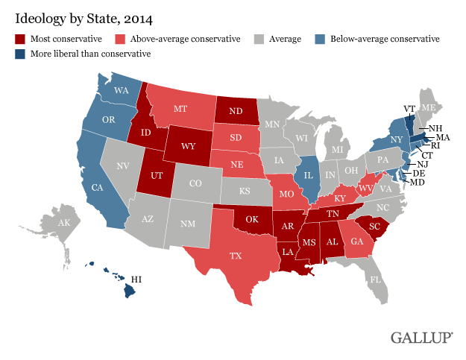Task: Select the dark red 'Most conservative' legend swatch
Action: point(19,38)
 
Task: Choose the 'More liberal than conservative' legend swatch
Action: point(19,54)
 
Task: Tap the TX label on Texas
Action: point(236,255)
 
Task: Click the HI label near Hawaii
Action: point(137,280)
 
